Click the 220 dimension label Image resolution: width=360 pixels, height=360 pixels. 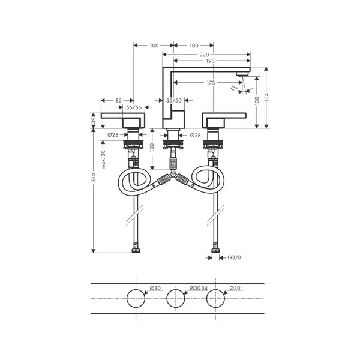click(204, 55)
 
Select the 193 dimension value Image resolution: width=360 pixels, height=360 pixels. click(211, 61)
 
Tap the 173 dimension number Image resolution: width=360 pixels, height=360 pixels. click(211, 83)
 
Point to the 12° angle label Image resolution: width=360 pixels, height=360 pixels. click(234, 88)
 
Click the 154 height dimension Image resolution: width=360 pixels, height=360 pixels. click(266, 97)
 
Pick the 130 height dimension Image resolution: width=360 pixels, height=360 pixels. click(257, 101)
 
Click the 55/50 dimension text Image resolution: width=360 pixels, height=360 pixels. click(174, 101)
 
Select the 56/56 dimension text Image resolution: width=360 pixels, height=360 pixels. click(134, 107)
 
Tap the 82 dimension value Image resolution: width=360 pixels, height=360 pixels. click(118, 101)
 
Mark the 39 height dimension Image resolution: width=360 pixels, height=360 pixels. click(94, 121)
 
